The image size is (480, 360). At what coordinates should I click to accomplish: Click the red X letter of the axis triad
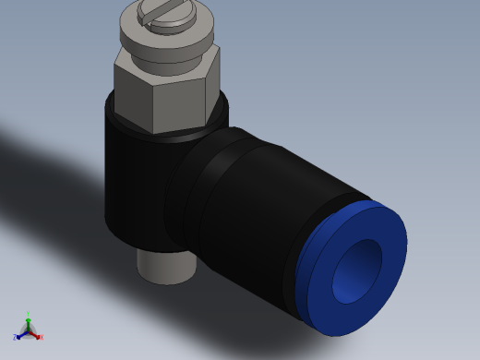41,337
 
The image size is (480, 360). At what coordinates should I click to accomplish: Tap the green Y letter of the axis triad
28,314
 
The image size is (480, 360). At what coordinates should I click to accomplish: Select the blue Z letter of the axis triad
16,338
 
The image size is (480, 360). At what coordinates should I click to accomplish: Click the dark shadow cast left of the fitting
55,175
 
